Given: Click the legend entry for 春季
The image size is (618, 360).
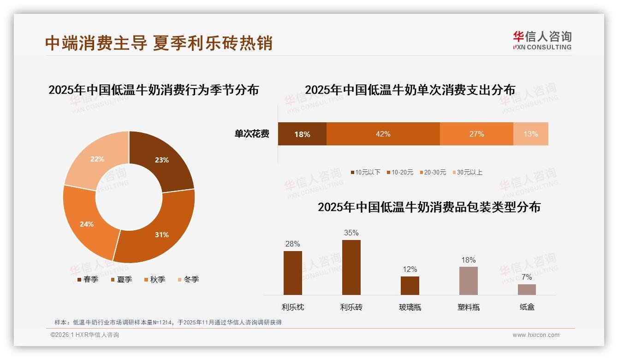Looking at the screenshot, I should pyautogui.click(x=87, y=279).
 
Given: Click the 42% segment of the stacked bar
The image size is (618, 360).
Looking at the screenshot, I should pyautogui.click(x=383, y=134).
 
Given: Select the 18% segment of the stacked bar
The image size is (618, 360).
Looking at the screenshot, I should pyautogui.click(x=302, y=134).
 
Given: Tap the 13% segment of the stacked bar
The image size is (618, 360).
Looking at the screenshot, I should pyautogui.click(x=530, y=134).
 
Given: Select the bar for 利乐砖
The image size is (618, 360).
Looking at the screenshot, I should pyautogui.click(x=351, y=267).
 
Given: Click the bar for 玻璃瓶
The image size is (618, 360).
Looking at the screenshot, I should pyautogui.click(x=410, y=286).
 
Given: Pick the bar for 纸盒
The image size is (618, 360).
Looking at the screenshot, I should pyautogui.click(x=527, y=289).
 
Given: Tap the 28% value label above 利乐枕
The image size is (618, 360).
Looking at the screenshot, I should pyautogui.click(x=292, y=244).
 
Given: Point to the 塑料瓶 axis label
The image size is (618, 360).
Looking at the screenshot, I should pyautogui.click(x=468, y=307).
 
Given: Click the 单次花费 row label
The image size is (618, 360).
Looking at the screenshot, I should pyautogui.click(x=252, y=134).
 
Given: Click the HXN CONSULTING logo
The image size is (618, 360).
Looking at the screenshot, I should pyautogui.click(x=542, y=41).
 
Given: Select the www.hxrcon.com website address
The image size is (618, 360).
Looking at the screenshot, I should pyautogui.click(x=536, y=335).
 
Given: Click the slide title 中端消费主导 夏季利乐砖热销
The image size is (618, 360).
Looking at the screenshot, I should pyautogui.click(x=159, y=43).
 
